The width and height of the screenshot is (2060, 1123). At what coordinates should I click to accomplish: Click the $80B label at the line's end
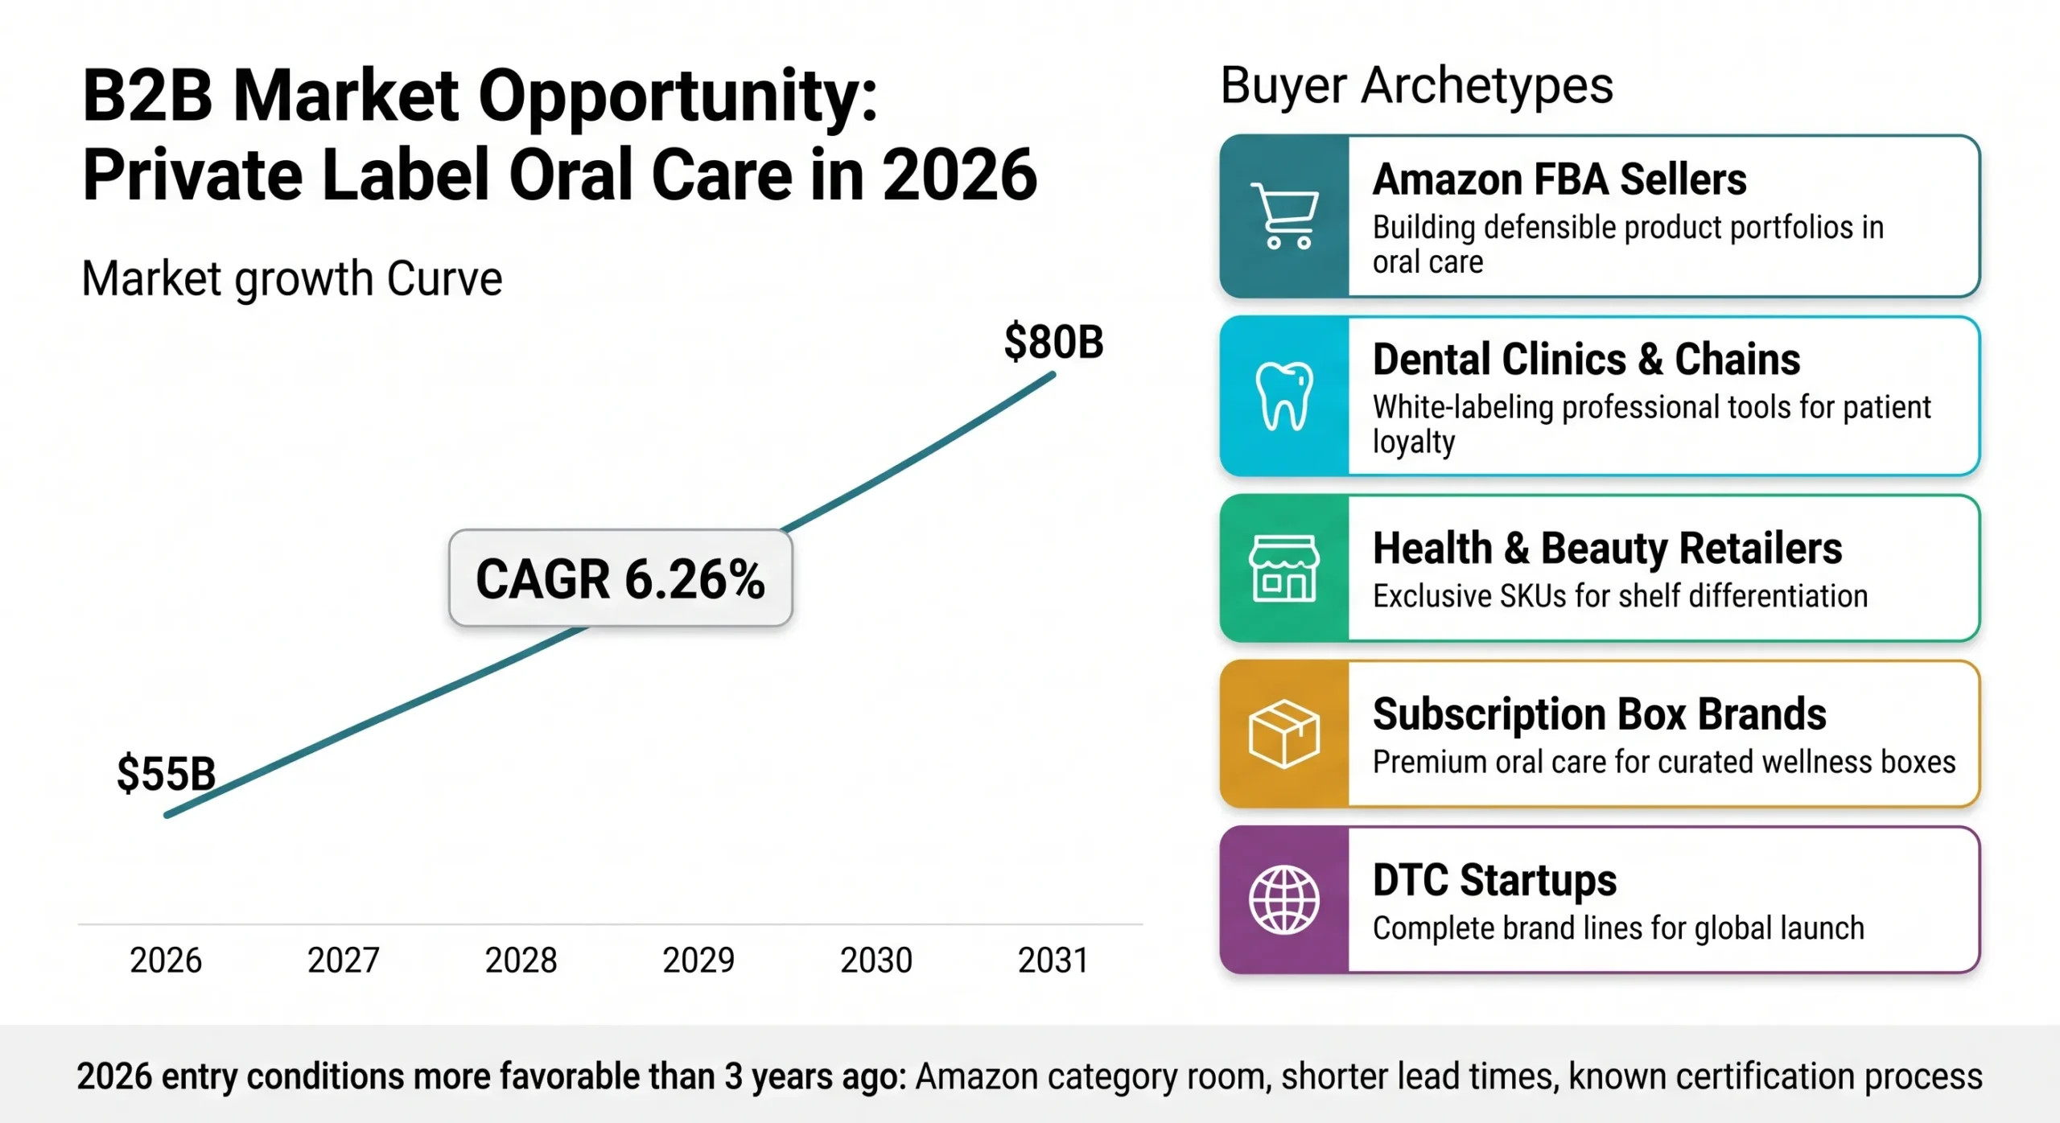click(1053, 342)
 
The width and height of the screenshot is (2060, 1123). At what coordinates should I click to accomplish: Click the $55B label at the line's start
click(167, 774)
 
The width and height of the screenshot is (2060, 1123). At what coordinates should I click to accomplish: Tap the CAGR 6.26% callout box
click(620, 578)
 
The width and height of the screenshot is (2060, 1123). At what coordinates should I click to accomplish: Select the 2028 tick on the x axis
click(521, 960)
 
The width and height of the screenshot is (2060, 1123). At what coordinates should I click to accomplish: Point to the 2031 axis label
click(1053, 960)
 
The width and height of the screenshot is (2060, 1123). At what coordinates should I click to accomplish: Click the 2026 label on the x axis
click(166, 960)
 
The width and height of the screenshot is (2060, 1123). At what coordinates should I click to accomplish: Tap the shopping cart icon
click(1284, 216)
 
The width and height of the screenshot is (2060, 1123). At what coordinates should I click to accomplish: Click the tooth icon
click(1284, 396)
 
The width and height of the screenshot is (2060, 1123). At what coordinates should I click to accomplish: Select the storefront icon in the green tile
click(1284, 568)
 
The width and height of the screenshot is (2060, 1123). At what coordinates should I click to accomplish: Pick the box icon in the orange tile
click(1284, 734)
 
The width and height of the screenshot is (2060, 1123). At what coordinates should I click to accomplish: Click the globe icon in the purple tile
click(1284, 899)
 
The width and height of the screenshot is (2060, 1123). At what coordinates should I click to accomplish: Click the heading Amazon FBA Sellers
click(1559, 179)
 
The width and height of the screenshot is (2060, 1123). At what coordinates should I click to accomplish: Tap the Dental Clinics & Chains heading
click(1586, 359)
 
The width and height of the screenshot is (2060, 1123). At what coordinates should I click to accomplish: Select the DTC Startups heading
click(1494, 879)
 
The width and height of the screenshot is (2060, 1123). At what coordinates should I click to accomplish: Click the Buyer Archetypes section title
click(1416, 85)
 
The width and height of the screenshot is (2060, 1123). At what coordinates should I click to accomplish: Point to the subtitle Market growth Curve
click(292, 279)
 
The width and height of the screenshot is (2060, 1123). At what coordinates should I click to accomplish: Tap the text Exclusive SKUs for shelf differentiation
click(1620, 596)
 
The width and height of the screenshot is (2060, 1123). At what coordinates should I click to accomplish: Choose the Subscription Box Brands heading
click(1599, 714)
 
